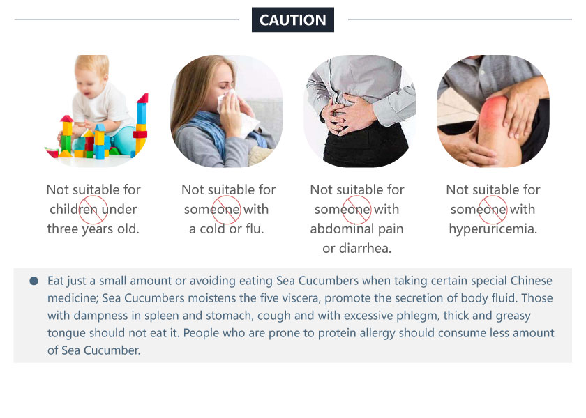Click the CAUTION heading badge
click(x=292, y=20)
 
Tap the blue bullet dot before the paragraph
click(x=33, y=281)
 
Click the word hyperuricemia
click(x=493, y=229)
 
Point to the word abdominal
click(x=342, y=229)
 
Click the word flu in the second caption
click(x=255, y=229)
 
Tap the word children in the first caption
click(x=73, y=209)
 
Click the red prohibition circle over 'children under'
click(x=93, y=210)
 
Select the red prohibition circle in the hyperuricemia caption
click(x=493, y=210)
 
